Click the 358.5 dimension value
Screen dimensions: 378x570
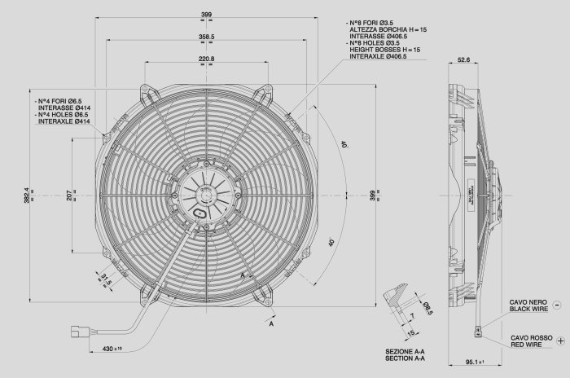point(206,37)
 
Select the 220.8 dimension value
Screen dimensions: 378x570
point(206,59)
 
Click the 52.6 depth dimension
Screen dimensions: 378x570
point(463,59)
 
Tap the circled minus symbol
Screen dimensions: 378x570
point(556,304)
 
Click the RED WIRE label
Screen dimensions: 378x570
point(528,345)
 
